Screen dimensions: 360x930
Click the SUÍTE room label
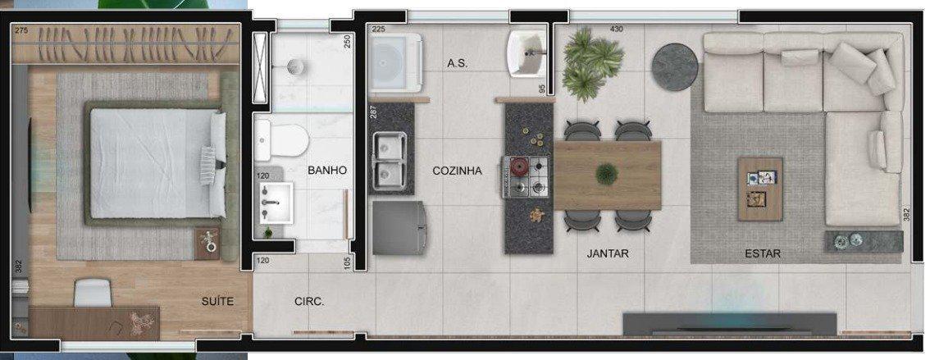coord(217,302)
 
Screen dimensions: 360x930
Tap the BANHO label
coord(327,171)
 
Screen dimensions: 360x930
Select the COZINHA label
coord(457,171)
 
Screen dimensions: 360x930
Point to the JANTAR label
coord(608,254)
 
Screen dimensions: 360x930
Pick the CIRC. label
coord(309,302)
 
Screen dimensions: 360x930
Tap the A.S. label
coord(458,63)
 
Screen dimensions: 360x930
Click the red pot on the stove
coord(519,167)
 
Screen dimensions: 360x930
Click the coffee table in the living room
coord(760,188)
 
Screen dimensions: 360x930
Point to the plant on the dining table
coord(607,174)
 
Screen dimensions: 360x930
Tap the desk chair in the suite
coord(93,292)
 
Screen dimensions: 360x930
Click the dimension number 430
coord(617,30)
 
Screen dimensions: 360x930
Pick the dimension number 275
coord(22,30)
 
